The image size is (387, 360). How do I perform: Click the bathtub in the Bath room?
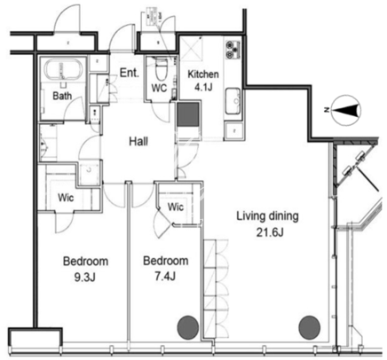tap(62, 70)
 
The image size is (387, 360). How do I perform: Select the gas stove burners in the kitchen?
tap(233, 50)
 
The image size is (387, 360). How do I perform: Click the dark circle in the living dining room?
tap(310, 328)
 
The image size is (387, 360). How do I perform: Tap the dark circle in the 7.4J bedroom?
tap(188, 327)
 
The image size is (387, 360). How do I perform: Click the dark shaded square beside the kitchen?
tap(187, 114)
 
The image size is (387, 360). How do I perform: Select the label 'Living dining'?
tap(267, 216)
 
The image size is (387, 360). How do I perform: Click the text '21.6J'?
tap(270, 233)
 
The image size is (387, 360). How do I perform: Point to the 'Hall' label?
tap(138, 142)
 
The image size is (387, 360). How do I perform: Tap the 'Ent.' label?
tap(130, 73)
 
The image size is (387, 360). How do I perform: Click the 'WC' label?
tap(159, 88)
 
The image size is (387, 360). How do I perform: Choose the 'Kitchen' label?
tap(203, 74)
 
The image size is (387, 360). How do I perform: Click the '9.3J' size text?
tap(84, 278)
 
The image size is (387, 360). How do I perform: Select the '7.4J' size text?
tap(165, 277)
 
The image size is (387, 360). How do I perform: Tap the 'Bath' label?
tap(62, 96)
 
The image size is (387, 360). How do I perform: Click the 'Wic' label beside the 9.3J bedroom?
tap(66, 198)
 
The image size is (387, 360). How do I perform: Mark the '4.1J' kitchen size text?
tap(203, 87)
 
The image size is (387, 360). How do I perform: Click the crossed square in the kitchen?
tap(191, 48)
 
